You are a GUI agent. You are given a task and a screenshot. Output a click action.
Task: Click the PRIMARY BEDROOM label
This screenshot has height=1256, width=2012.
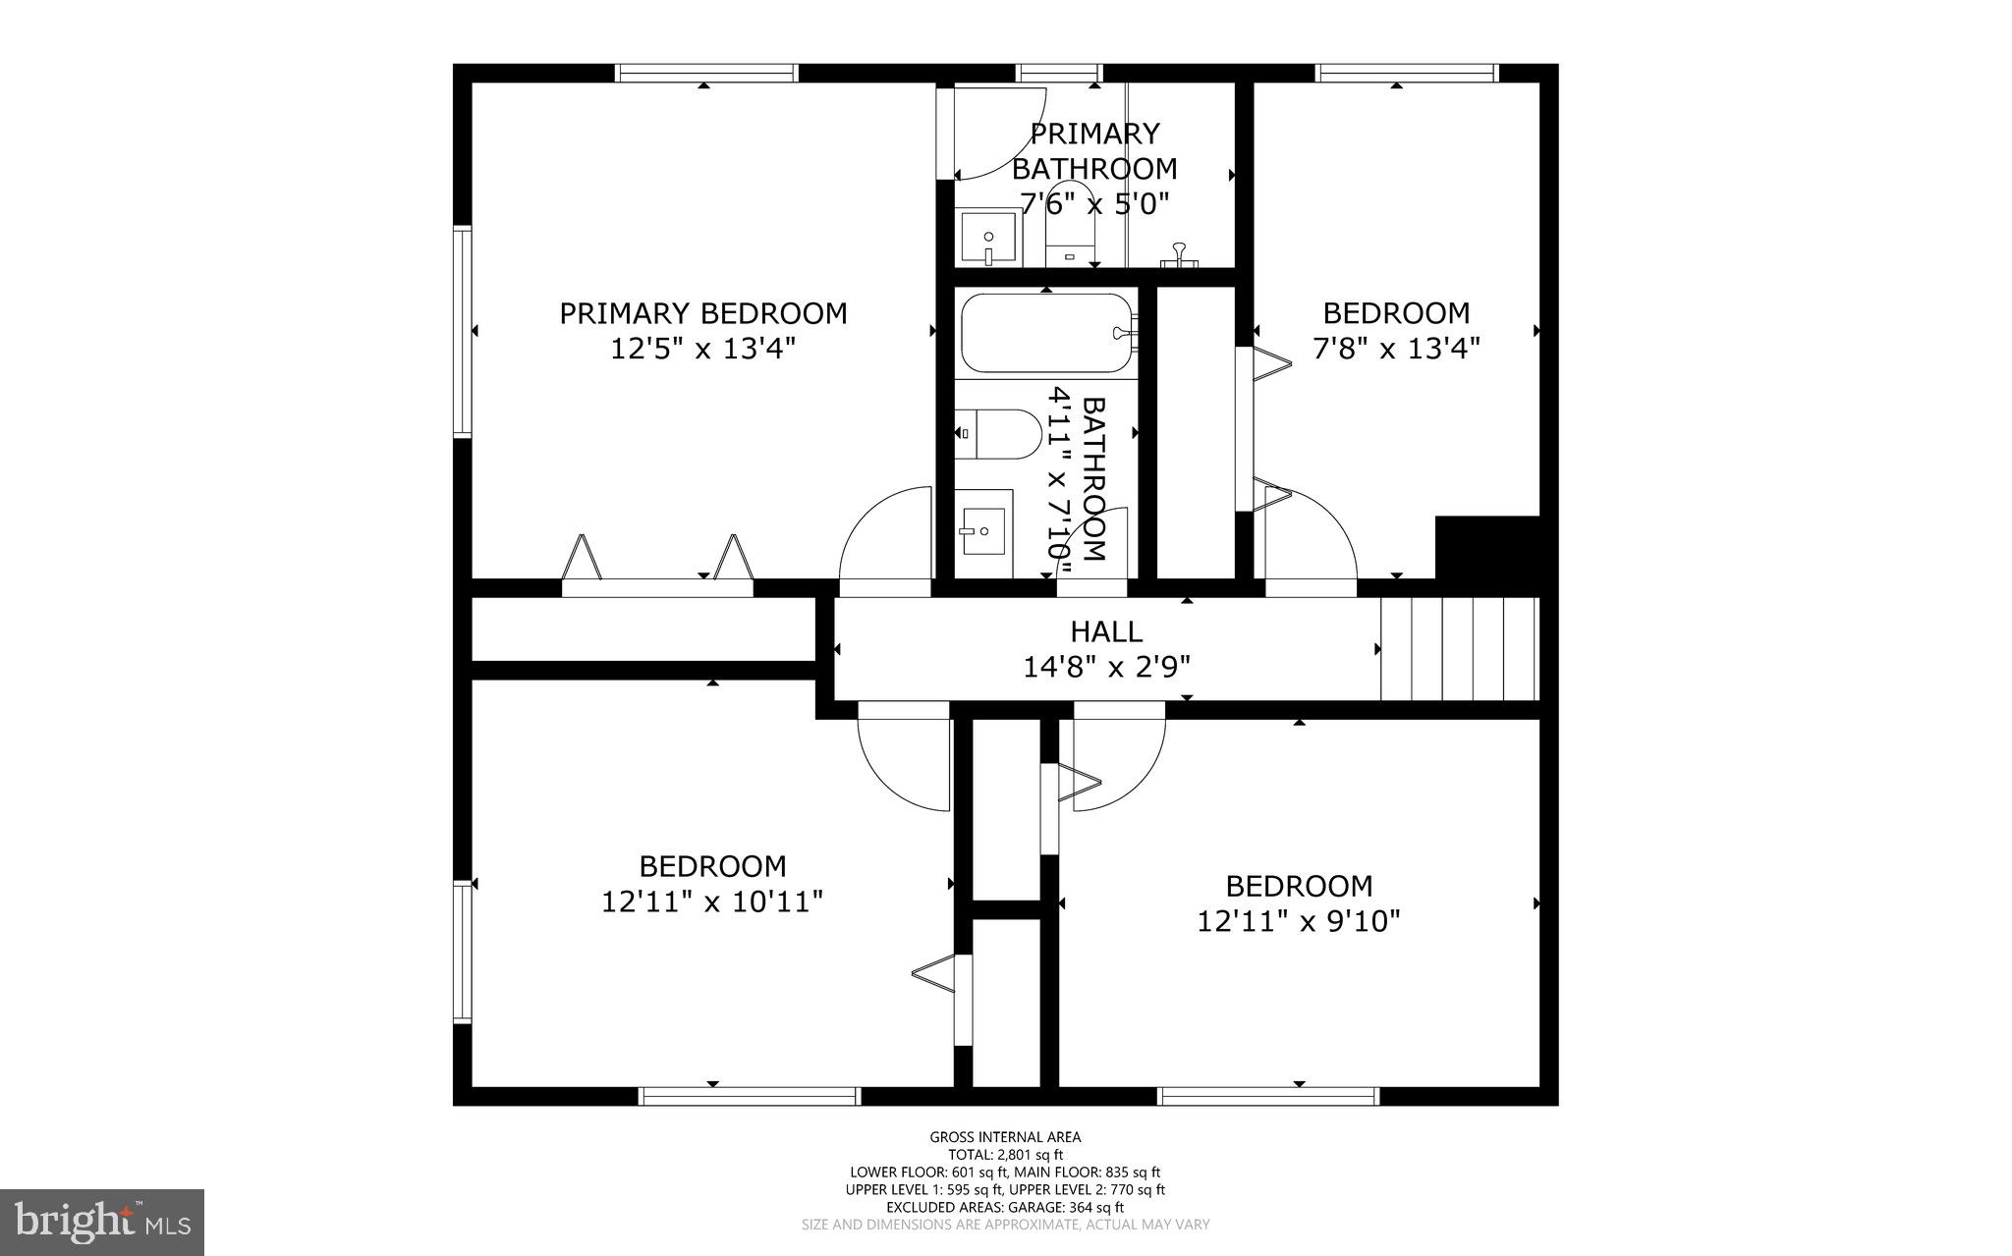point(702,313)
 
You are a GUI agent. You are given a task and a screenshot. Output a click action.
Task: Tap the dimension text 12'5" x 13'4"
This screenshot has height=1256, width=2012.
point(702,349)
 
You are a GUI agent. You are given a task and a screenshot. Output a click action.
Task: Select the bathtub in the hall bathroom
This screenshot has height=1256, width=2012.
point(1046,333)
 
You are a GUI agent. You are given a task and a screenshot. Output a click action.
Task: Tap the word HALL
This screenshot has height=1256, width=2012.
point(1106,631)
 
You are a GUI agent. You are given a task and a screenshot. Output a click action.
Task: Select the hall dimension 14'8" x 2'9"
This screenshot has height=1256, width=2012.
point(1106,668)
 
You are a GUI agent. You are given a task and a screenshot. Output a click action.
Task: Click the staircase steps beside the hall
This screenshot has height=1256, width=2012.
point(1458,649)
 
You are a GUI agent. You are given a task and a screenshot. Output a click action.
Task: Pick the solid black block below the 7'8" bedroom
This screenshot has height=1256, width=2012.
point(1486,553)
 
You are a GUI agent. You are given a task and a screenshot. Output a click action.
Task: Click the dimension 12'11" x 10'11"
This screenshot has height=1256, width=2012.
point(712,901)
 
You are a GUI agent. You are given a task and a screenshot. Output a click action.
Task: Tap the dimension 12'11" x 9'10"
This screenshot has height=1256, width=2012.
point(1298,921)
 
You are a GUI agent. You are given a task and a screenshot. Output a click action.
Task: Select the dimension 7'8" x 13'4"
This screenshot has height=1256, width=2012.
point(1396,349)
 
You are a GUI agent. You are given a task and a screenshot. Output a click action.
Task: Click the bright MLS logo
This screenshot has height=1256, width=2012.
point(102,1222)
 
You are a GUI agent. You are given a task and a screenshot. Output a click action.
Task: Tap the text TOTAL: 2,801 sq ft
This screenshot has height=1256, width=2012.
point(1005,1155)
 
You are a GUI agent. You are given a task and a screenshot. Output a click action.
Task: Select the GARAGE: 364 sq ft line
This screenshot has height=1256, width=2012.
point(1005,1207)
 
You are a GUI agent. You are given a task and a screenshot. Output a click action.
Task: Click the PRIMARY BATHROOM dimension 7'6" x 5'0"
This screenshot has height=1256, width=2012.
point(1094,204)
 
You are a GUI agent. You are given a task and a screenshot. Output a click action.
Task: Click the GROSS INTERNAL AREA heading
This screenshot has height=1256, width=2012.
point(1005,1137)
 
